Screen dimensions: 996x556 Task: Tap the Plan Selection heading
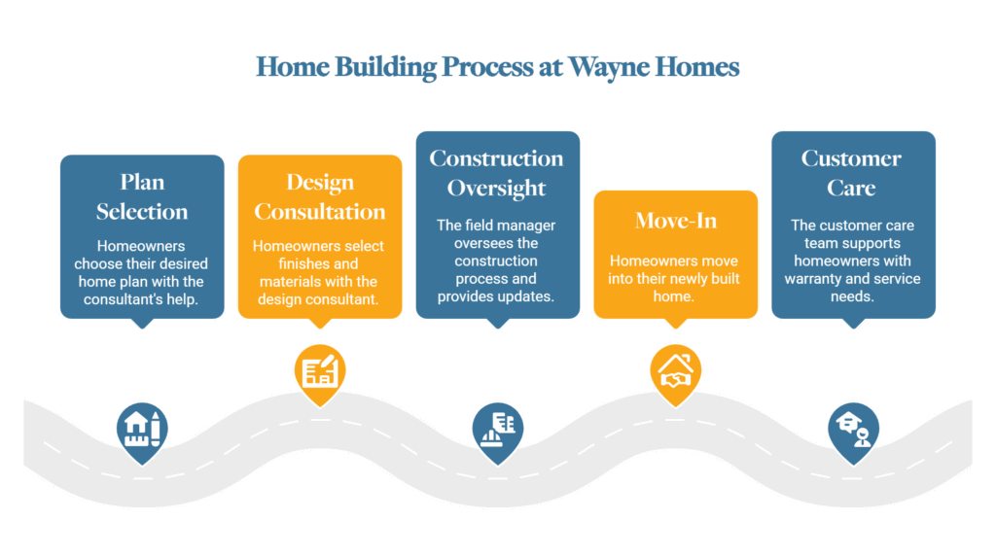click(x=142, y=196)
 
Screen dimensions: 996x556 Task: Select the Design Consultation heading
click(x=320, y=196)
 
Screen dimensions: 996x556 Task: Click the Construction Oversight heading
click(x=497, y=173)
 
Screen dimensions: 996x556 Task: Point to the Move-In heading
click(x=676, y=221)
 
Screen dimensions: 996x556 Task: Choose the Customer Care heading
click(x=851, y=173)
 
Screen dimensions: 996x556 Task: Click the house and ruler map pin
click(x=142, y=433)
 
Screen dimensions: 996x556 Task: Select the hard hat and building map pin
click(x=498, y=433)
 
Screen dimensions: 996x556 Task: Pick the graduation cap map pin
click(x=854, y=433)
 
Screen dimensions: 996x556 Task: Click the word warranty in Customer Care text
click(x=812, y=279)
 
